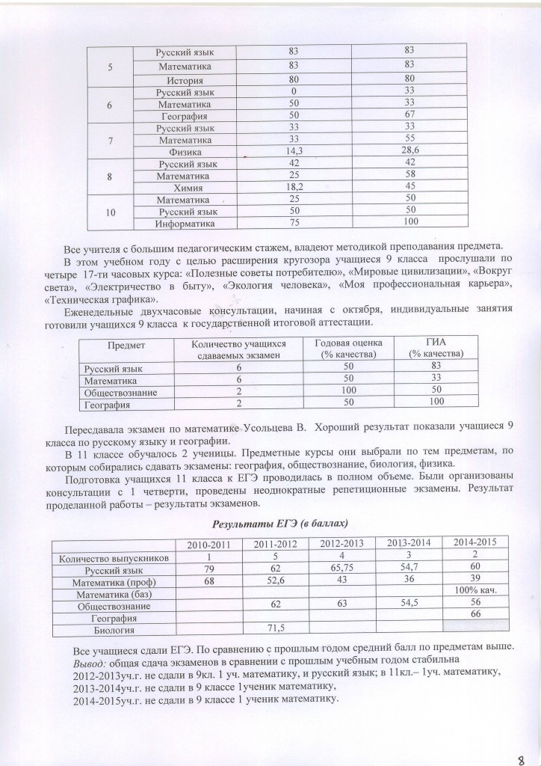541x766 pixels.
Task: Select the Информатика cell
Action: (185, 224)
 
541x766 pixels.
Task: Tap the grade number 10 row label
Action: (110, 212)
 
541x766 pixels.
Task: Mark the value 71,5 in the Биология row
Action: (278, 627)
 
